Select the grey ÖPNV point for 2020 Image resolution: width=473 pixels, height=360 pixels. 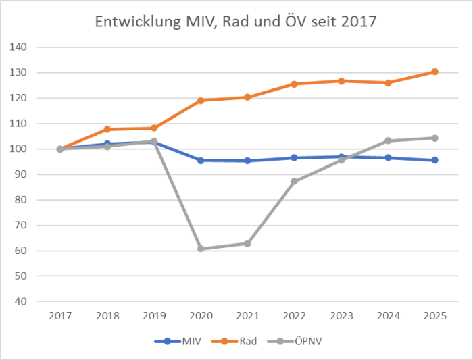[x=201, y=249]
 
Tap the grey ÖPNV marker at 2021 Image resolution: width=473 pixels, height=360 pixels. [x=247, y=243]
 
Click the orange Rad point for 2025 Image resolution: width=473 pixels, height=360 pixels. [x=434, y=72]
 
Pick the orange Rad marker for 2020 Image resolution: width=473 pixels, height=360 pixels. [x=201, y=101]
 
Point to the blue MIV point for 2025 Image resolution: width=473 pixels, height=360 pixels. [x=434, y=160]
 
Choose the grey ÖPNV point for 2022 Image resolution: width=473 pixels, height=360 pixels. [x=294, y=181]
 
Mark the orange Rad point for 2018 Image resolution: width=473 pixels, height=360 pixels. [x=107, y=129]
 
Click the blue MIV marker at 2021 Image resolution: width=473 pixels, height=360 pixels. [x=247, y=161]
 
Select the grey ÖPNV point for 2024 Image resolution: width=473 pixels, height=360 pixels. [x=388, y=140]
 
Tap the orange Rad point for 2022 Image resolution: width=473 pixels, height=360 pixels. [x=294, y=84]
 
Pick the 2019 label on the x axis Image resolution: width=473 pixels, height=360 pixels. [x=153, y=316]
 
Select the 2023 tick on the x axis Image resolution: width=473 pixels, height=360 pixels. [x=341, y=316]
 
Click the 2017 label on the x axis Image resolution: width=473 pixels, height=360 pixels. [x=60, y=316]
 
